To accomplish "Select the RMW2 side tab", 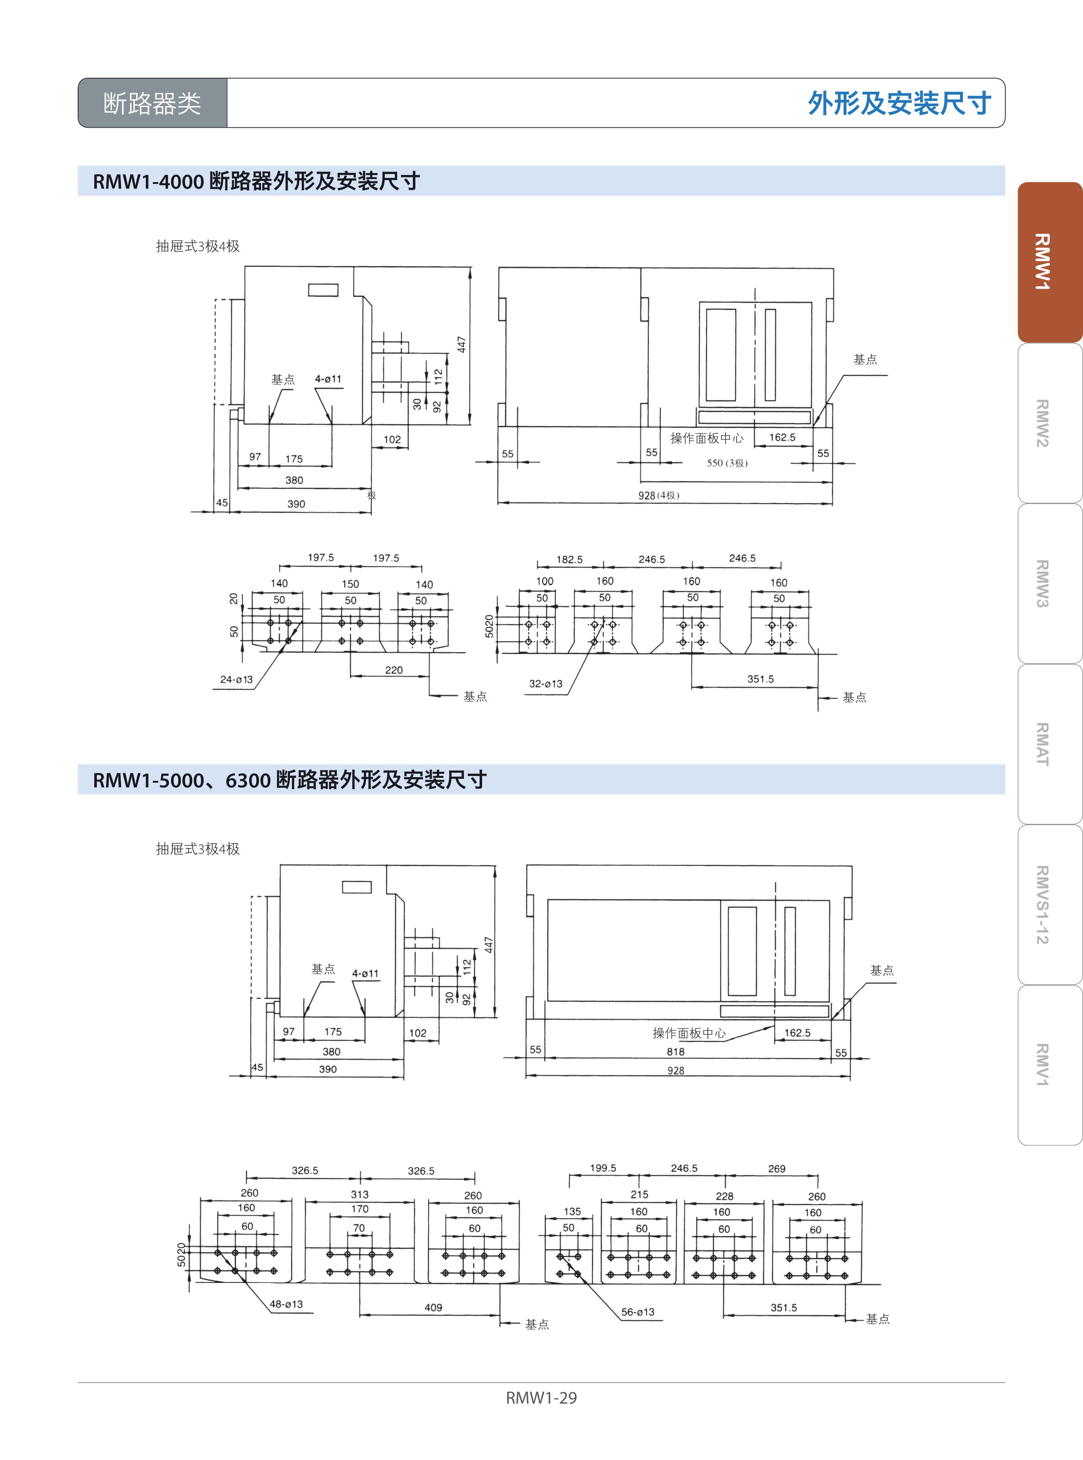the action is tap(1049, 423).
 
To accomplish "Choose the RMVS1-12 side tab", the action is tap(1049, 905).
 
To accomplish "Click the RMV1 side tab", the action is tap(1049, 1065).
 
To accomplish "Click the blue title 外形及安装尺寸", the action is tap(899, 103).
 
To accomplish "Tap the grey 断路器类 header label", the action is tap(152, 103).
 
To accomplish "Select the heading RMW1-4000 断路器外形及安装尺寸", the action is tap(256, 181).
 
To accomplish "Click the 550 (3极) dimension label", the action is tap(727, 463).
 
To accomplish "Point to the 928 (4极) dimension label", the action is tap(659, 495).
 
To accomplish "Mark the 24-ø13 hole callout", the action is tap(236, 679).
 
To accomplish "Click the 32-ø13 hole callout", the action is tap(545, 683).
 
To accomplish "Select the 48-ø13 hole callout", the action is tap(286, 1304).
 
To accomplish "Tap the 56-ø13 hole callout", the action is tap(638, 1312).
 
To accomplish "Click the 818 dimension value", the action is tap(675, 1051).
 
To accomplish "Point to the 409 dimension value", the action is tap(433, 1307).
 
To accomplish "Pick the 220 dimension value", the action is tap(394, 670).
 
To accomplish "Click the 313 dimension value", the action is tap(359, 1194).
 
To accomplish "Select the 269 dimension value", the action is tap(777, 1169).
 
